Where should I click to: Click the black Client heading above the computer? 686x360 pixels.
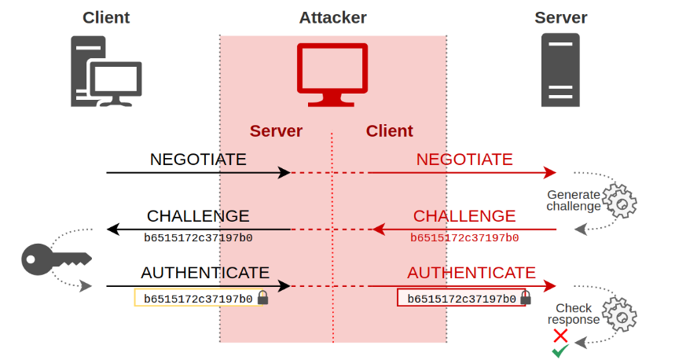point(106,17)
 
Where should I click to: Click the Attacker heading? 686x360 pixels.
point(332,17)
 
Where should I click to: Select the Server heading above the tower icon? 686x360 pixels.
point(560,17)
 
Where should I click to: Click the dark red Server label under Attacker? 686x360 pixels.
point(276,131)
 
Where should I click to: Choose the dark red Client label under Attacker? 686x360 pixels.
point(389,131)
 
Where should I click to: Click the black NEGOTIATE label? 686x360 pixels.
point(198,160)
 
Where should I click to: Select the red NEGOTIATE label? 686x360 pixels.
point(464,160)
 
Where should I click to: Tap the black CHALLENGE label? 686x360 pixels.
point(198,216)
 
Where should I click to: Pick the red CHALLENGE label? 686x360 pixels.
point(464,216)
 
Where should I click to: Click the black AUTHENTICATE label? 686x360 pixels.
point(205,273)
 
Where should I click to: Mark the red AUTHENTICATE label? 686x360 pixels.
point(471,273)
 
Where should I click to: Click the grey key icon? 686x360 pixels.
point(55,257)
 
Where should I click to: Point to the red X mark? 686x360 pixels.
point(560,336)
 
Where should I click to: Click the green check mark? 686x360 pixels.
point(560,351)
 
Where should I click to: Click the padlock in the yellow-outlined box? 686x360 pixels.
point(263,298)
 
